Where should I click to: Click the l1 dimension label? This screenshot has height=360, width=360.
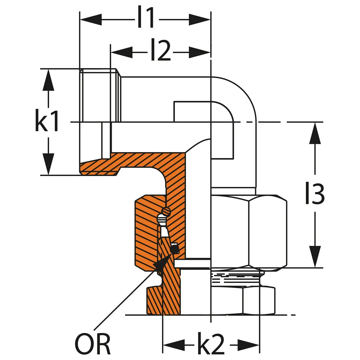[x=146, y=19]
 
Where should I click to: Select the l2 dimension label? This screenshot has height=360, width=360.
[x=160, y=52]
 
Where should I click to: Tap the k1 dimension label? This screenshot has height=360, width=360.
[x=47, y=121]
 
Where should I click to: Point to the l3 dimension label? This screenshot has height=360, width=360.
[x=314, y=194]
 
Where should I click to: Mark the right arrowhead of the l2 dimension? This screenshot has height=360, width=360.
[x=200, y=52]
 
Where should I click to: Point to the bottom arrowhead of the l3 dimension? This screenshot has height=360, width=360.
[x=315, y=257]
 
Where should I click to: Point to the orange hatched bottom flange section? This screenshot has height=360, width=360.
[x=163, y=300]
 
